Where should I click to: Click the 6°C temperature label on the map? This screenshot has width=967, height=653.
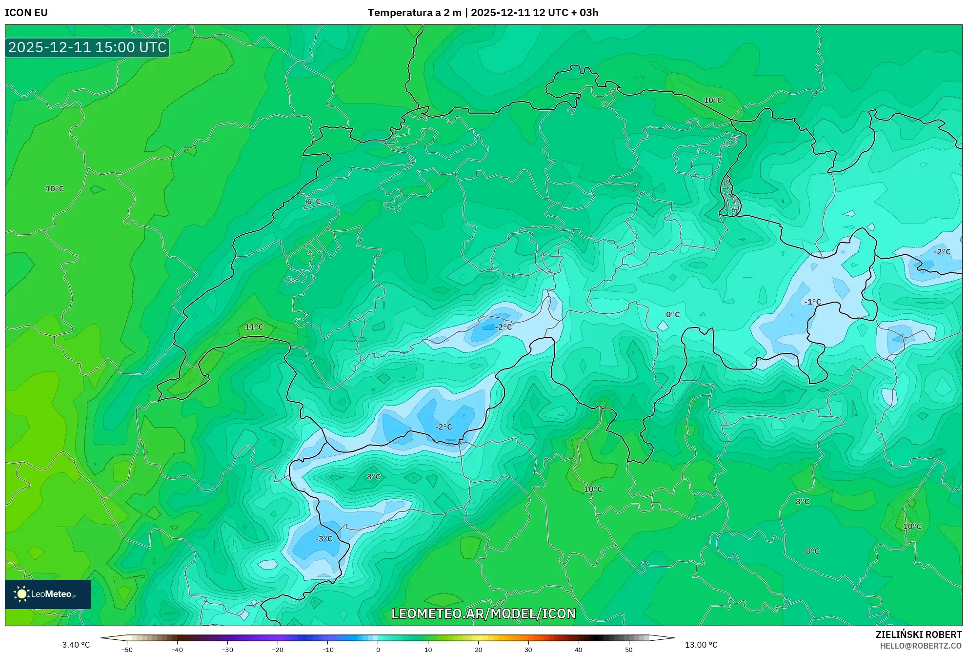coord(314,202)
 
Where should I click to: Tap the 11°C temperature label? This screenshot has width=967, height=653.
coord(254,327)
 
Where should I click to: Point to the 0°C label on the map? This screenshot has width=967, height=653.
coord(673,315)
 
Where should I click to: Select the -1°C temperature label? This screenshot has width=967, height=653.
coord(812,302)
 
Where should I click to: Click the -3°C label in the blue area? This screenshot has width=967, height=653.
coord(324,539)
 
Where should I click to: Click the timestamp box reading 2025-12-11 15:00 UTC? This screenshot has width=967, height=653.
coord(87,47)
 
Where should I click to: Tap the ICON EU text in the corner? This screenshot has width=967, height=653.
coord(26,13)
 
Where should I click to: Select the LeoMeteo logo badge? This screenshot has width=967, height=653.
coord(48,594)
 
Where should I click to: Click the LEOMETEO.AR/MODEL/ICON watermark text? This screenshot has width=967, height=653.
coord(483,613)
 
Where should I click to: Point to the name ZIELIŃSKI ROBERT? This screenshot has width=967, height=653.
coord(918,634)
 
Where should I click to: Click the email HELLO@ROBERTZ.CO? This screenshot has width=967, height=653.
coord(921,646)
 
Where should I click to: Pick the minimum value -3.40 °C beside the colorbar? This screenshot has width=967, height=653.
coord(75,645)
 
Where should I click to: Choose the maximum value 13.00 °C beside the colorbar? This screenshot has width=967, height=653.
coord(701,645)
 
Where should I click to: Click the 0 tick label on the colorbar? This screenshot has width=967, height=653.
coord(378,650)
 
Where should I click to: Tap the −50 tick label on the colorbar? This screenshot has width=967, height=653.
coord(127,650)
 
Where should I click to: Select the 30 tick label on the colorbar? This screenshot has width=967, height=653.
coord(528,650)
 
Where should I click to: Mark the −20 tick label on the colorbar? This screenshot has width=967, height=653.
coord(277,650)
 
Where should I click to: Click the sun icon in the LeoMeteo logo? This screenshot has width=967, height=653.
coord(21,594)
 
